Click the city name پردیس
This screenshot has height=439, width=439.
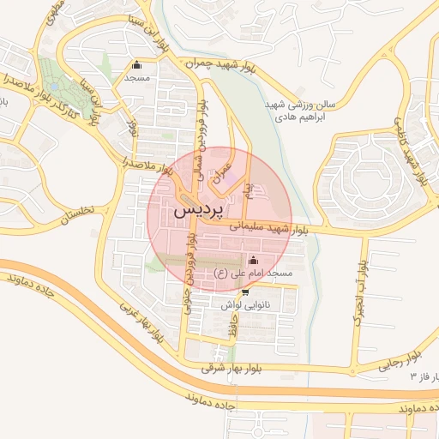point(198,208)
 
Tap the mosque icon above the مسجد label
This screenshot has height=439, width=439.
point(136,64)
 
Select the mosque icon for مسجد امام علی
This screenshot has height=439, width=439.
point(252,261)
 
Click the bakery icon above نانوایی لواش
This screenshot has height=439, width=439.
point(245,292)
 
